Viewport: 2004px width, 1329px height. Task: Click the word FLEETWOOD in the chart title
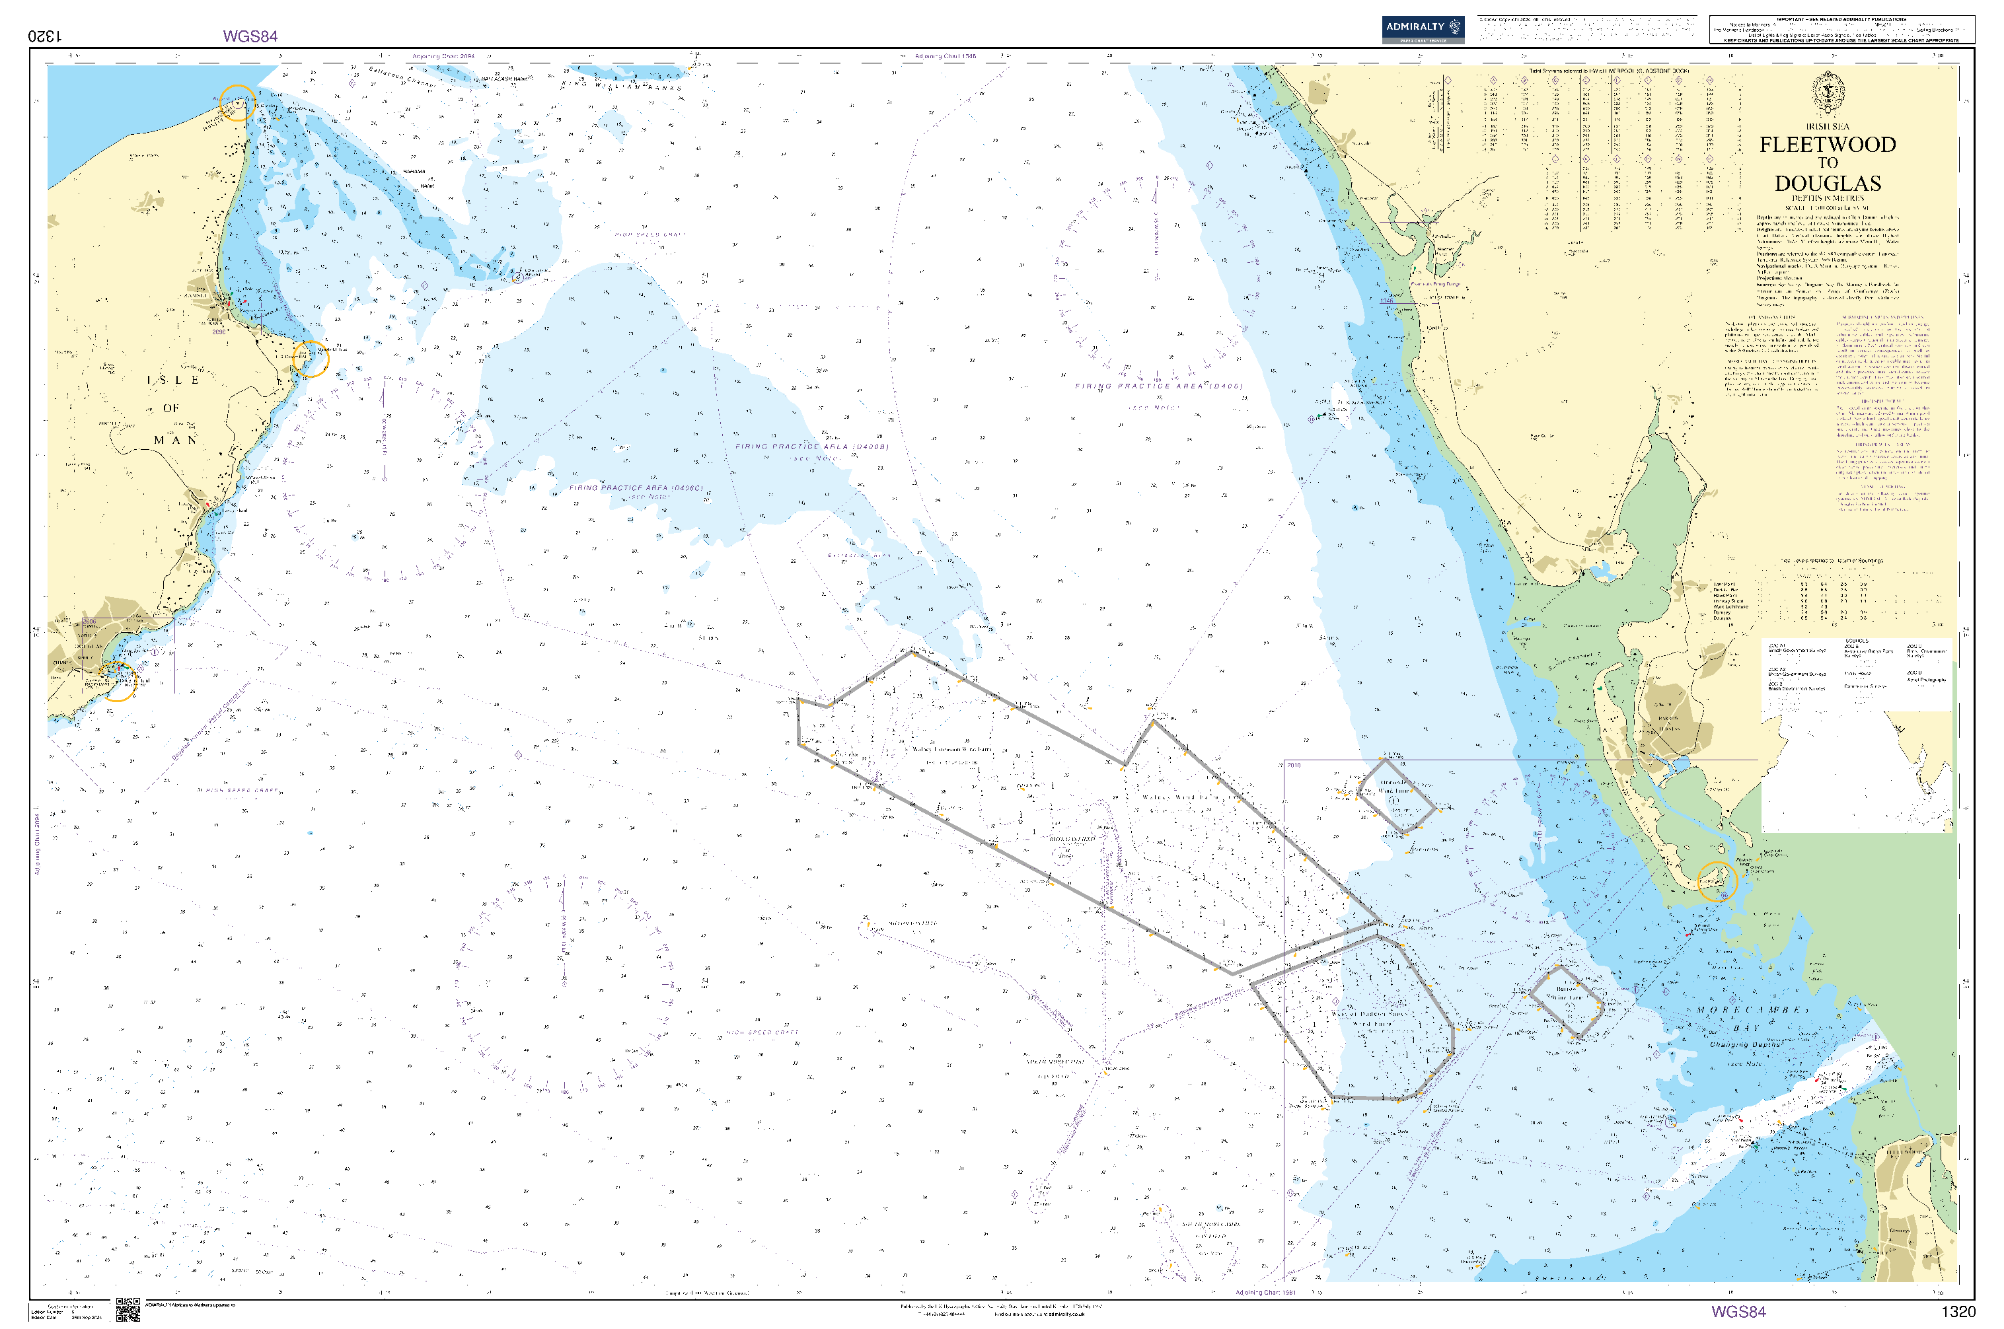1828,145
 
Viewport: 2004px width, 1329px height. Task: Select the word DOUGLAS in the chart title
1828,184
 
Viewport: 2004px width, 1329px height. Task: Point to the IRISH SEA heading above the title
1828,126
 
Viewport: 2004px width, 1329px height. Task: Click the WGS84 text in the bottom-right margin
1738,1312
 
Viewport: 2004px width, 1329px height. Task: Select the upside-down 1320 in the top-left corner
46,36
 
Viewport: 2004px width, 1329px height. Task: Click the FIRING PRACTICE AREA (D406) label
1159,386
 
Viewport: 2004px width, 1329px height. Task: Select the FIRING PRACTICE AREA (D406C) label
635,488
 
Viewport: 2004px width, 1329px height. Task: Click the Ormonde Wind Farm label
1393,787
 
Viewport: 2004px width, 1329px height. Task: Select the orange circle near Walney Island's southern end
1717,881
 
